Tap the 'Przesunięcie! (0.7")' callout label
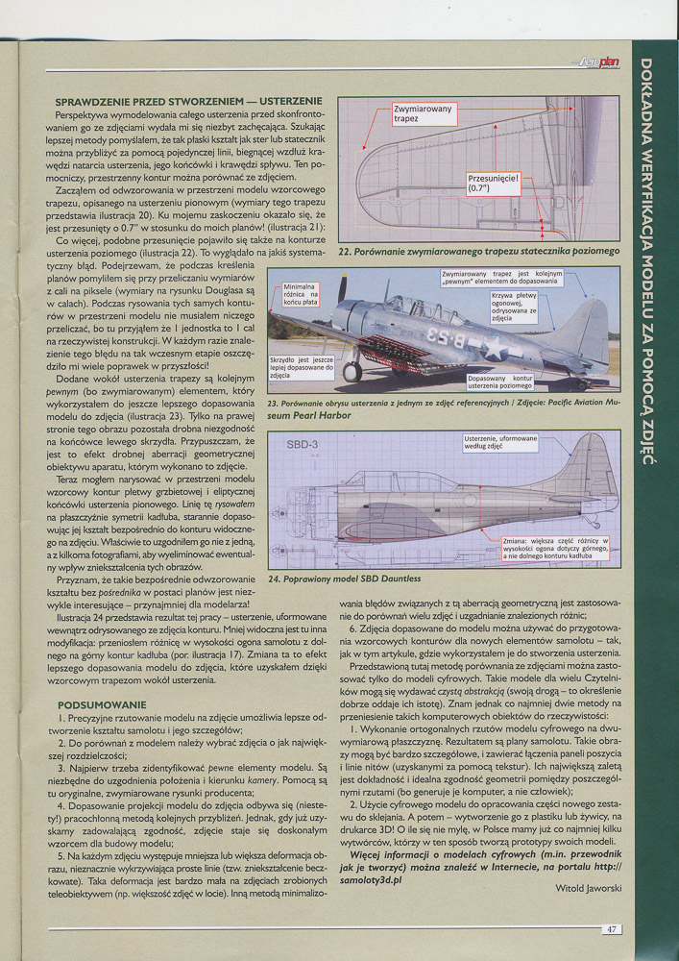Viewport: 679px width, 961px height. [x=493, y=184]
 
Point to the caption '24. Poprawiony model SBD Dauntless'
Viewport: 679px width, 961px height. [x=345, y=579]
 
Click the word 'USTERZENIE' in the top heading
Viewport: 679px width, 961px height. [x=283, y=101]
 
